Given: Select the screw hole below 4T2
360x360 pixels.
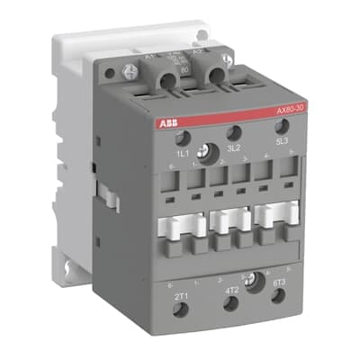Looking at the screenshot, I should click(231, 304).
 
